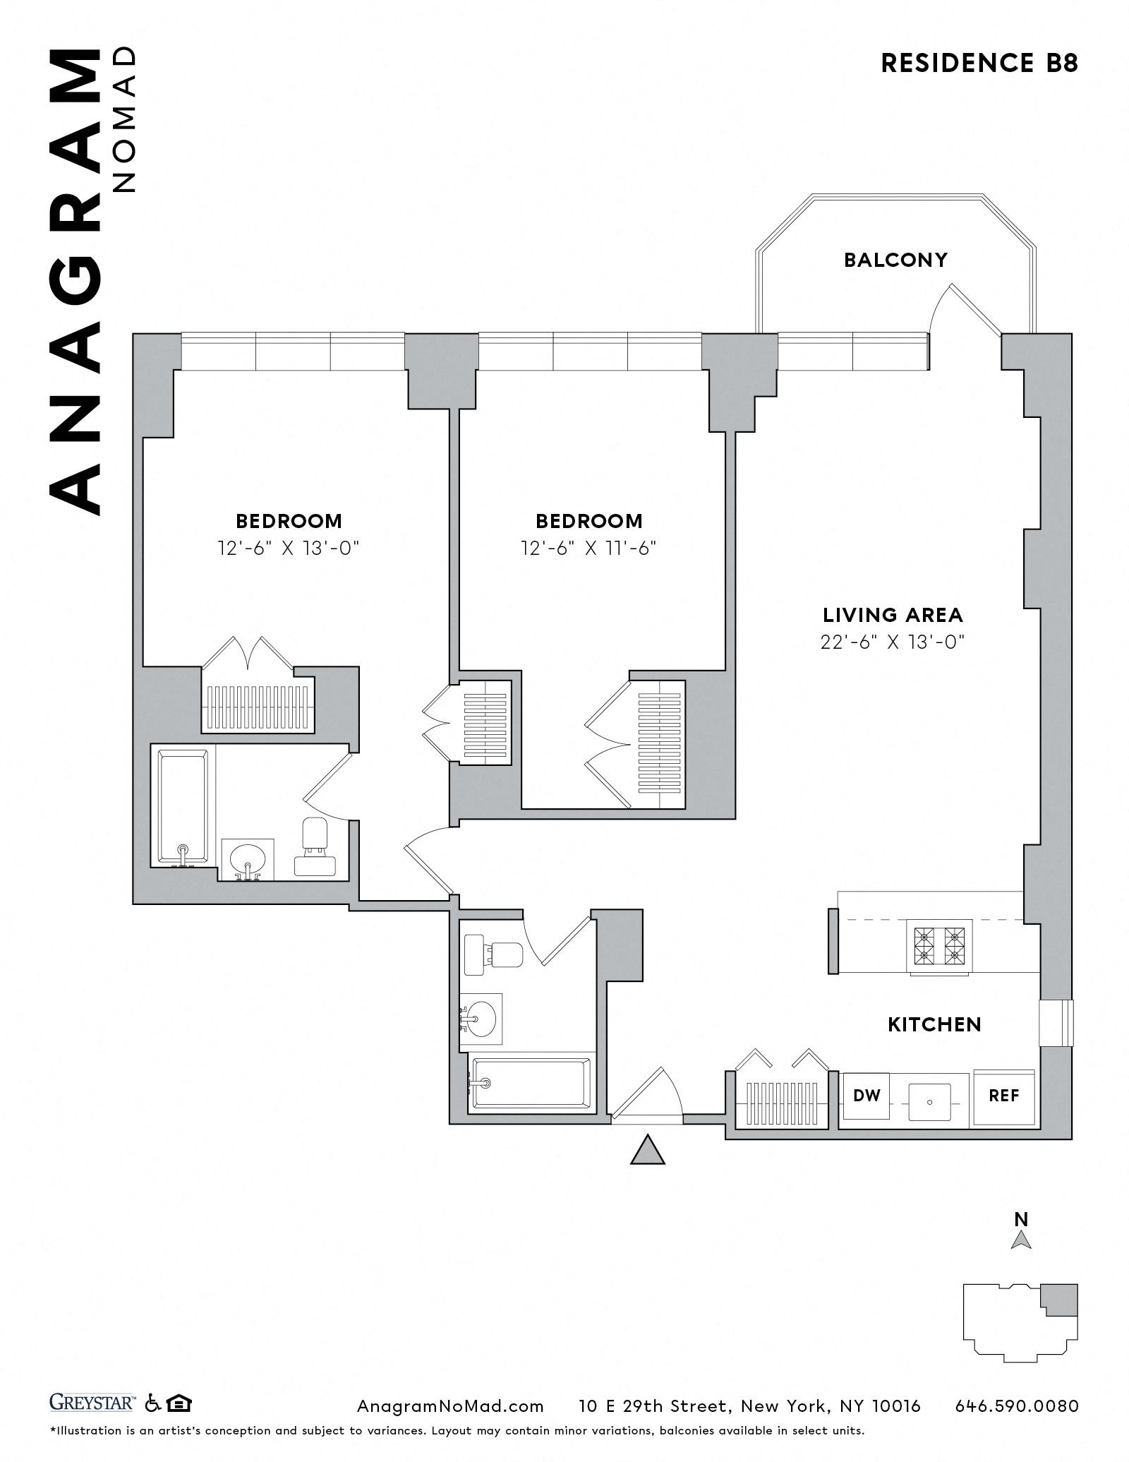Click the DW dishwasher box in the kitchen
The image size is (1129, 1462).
click(x=867, y=1096)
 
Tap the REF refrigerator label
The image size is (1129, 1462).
click(x=1004, y=1096)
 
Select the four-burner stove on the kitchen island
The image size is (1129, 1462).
click(x=939, y=946)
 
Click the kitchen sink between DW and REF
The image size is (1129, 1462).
click(x=930, y=1102)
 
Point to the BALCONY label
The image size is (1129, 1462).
click(x=895, y=260)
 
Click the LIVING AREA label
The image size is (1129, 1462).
click(x=893, y=615)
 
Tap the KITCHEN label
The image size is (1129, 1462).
click(x=934, y=1024)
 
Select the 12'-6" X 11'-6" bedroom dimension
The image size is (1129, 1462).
click(x=588, y=548)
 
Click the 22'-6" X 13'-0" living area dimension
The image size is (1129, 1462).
click(x=893, y=642)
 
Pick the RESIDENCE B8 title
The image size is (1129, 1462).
click(x=979, y=64)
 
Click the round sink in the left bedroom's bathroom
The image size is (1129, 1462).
click(x=248, y=859)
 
